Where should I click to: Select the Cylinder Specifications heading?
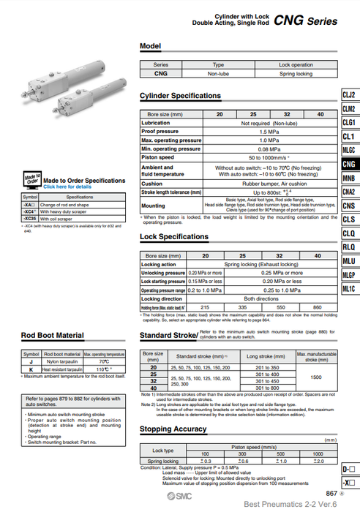pos(180,96)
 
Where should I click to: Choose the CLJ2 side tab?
pos(349,95)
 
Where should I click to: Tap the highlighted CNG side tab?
pos(349,165)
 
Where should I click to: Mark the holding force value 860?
pos(317,308)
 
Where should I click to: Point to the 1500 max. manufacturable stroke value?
pos(316,377)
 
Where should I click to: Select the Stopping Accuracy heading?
pos(173,429)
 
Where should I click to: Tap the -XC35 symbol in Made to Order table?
pos(30,218)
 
